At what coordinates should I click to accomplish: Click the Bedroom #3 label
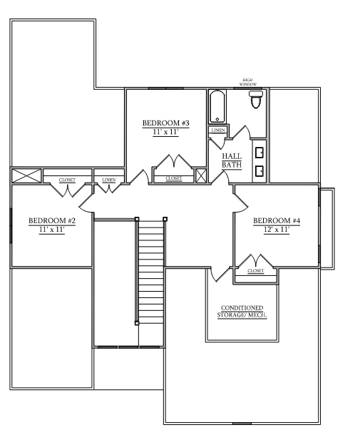tap(166, 123)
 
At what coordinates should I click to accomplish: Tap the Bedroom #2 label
tap(52, 221)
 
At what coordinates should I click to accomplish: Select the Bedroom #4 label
tap(277, 221)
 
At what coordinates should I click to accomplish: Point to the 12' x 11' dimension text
tap(277, 230)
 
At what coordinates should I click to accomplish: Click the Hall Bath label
tap(232, 160)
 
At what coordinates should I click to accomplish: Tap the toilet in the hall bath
tap(256, 99)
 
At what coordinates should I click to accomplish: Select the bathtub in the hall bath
tap(217, 106)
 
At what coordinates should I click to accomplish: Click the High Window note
tap(248, 82)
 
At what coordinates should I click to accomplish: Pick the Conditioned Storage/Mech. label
tap(242, 312)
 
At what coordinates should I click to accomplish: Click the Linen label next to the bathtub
tap(218, 130)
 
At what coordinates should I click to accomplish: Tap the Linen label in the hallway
tap(109, 180)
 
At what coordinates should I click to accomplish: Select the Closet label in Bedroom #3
tap(174, 178)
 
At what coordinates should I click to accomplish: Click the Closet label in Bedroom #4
tap(256, 271)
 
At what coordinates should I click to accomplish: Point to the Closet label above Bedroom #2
tap(67, 180)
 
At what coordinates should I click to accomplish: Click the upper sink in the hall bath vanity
tap(259, 153)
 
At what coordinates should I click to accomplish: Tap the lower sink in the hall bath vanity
tap(259, 171)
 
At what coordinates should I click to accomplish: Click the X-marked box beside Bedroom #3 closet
tap(201, 175)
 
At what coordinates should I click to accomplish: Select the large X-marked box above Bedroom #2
tap(26, 176)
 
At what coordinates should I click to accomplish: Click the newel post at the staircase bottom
tap(137, 323)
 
